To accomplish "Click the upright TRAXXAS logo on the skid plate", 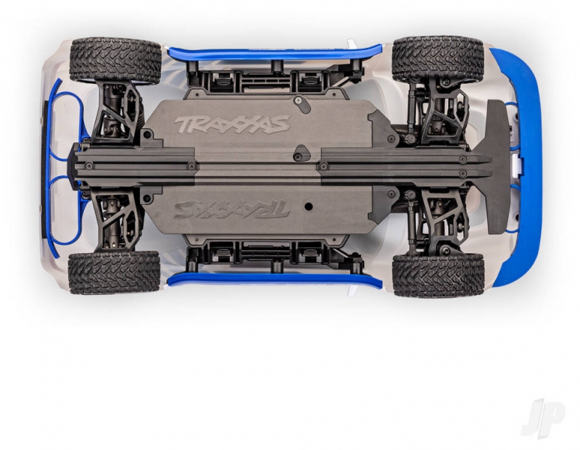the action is (232, 125).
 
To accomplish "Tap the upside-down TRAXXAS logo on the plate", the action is (232, 209).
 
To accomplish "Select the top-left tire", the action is (115, 60).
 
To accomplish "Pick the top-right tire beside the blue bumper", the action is (438, 59).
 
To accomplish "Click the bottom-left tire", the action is (115, 272).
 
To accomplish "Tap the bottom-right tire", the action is (439, 276).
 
